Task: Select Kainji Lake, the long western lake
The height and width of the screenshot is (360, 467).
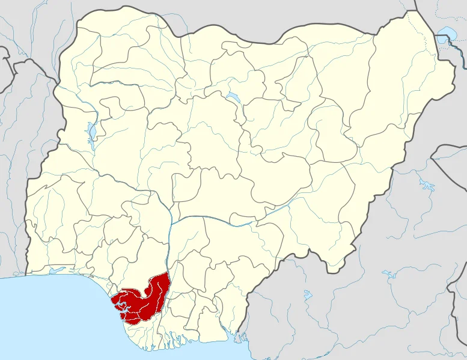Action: point(91,132)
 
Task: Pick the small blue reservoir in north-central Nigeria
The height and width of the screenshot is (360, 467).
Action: point(232,97)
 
